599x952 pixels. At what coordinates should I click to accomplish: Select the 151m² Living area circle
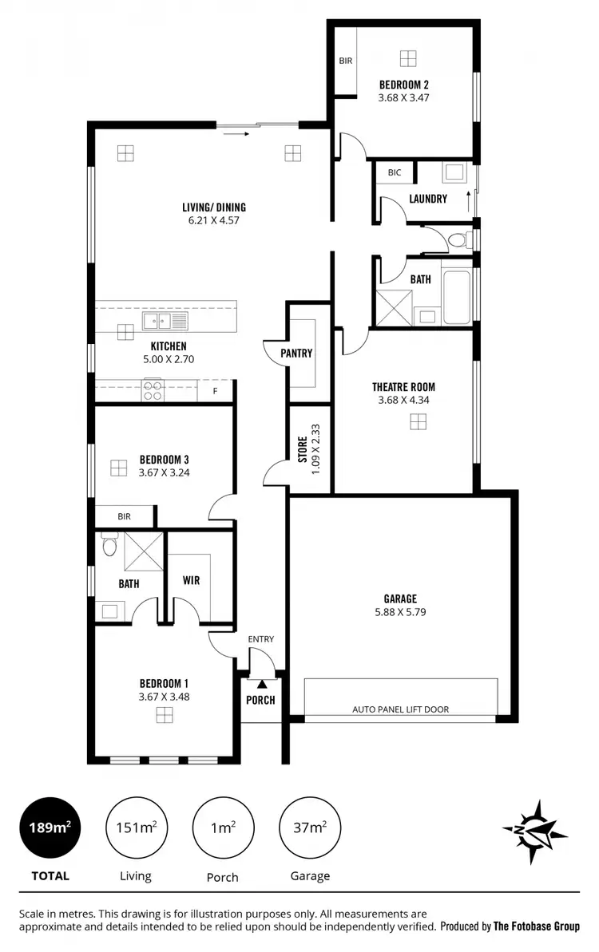[x=135, y=828]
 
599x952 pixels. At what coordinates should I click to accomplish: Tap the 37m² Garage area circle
[x=309, y=828]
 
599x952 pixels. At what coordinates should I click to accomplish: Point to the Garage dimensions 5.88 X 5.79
[x=399, y=612]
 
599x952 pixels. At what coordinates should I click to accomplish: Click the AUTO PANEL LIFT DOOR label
[x=401, y=709]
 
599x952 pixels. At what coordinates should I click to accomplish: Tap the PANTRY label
[x=296, y=354]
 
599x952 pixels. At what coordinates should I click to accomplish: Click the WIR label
[x=191, y=580]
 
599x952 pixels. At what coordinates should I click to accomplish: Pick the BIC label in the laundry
[x=395, y=172]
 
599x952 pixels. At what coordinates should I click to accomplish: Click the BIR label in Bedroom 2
[x=345, y=61]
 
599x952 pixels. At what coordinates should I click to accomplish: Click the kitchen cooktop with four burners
[x=153, y=391]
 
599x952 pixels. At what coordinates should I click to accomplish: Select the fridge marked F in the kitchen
[x=214, y=391]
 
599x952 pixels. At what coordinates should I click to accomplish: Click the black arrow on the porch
[x=262, y=683]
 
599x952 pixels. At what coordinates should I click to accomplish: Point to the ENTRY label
[x=261, y=638]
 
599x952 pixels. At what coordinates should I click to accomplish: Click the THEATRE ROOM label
[x=403, y=387]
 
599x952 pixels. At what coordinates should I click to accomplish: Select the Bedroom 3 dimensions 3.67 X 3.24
[x=164, y=472]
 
